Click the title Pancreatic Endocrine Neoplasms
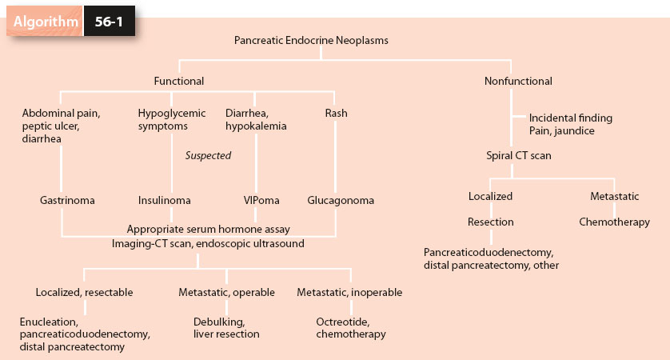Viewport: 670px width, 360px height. [x=312, y=40]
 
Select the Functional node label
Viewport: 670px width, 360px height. [x=179, y=81]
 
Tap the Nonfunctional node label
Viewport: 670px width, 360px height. [x=518, y=81]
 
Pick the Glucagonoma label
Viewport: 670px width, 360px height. [x=341, y=200]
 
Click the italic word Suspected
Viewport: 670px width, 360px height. [x=208, y=155]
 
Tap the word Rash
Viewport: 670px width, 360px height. [x=336, y=113]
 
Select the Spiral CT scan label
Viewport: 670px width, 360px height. [x=518, y=155]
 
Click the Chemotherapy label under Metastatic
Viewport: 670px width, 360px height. [x=614, y=222]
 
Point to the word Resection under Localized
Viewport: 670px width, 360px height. [x=491, y=222]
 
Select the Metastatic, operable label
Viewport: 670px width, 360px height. [x=226, y=292]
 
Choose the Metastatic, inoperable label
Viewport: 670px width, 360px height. [x=349, y=292]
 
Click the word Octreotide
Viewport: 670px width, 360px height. [x=342, y=322]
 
